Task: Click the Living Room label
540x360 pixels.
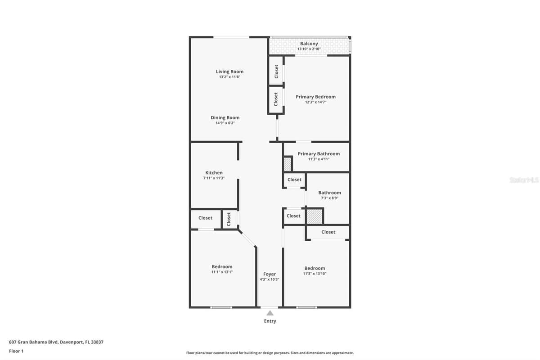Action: [229, 72]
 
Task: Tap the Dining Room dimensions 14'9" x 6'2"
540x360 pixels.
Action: [225, 123]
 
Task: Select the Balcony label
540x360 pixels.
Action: [309, 44]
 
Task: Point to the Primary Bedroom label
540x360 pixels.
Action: [315, 97]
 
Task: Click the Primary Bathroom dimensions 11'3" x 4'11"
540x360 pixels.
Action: [319, 159]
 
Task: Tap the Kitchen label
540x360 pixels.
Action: [214, 173]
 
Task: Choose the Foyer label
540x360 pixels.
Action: [270, 274]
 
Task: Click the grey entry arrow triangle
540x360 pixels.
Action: [270, 313]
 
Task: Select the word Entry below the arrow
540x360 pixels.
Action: [270, 321]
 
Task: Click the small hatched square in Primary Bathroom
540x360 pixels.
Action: [288, 164]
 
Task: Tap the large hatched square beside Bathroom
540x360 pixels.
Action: [315, 216]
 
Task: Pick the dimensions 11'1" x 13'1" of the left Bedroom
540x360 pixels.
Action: [222, 272]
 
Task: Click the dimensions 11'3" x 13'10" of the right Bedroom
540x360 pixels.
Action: [315, 274]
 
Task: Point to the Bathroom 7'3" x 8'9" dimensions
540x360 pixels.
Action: [329, 198]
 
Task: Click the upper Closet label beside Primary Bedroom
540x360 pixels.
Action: [276, 72]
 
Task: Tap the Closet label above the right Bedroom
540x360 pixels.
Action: [328, 232]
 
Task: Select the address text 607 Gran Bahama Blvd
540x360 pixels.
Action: [33, 342]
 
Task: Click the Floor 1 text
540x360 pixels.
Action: [16, 351]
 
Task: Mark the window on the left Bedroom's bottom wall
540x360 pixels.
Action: [221, 307]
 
